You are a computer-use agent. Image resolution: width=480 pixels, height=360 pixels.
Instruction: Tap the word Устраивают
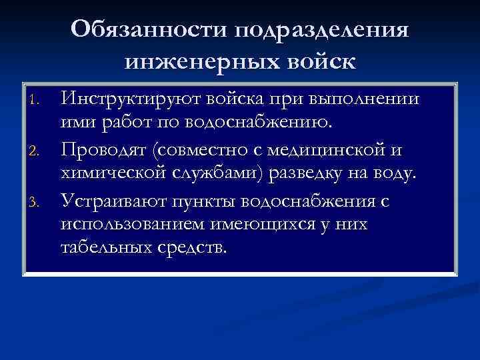[x=114, y=199]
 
